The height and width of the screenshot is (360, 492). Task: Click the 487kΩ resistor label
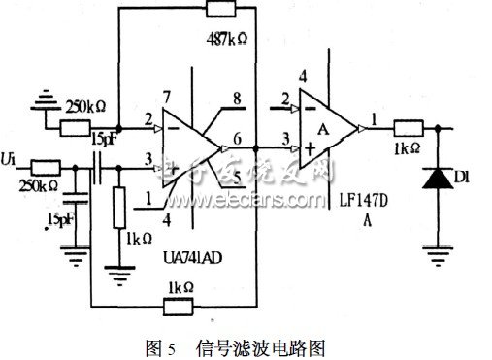pyautogui.click(x=230, y=40)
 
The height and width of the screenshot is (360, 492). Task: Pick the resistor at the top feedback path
pyautogui.click(x=230, y=13)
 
